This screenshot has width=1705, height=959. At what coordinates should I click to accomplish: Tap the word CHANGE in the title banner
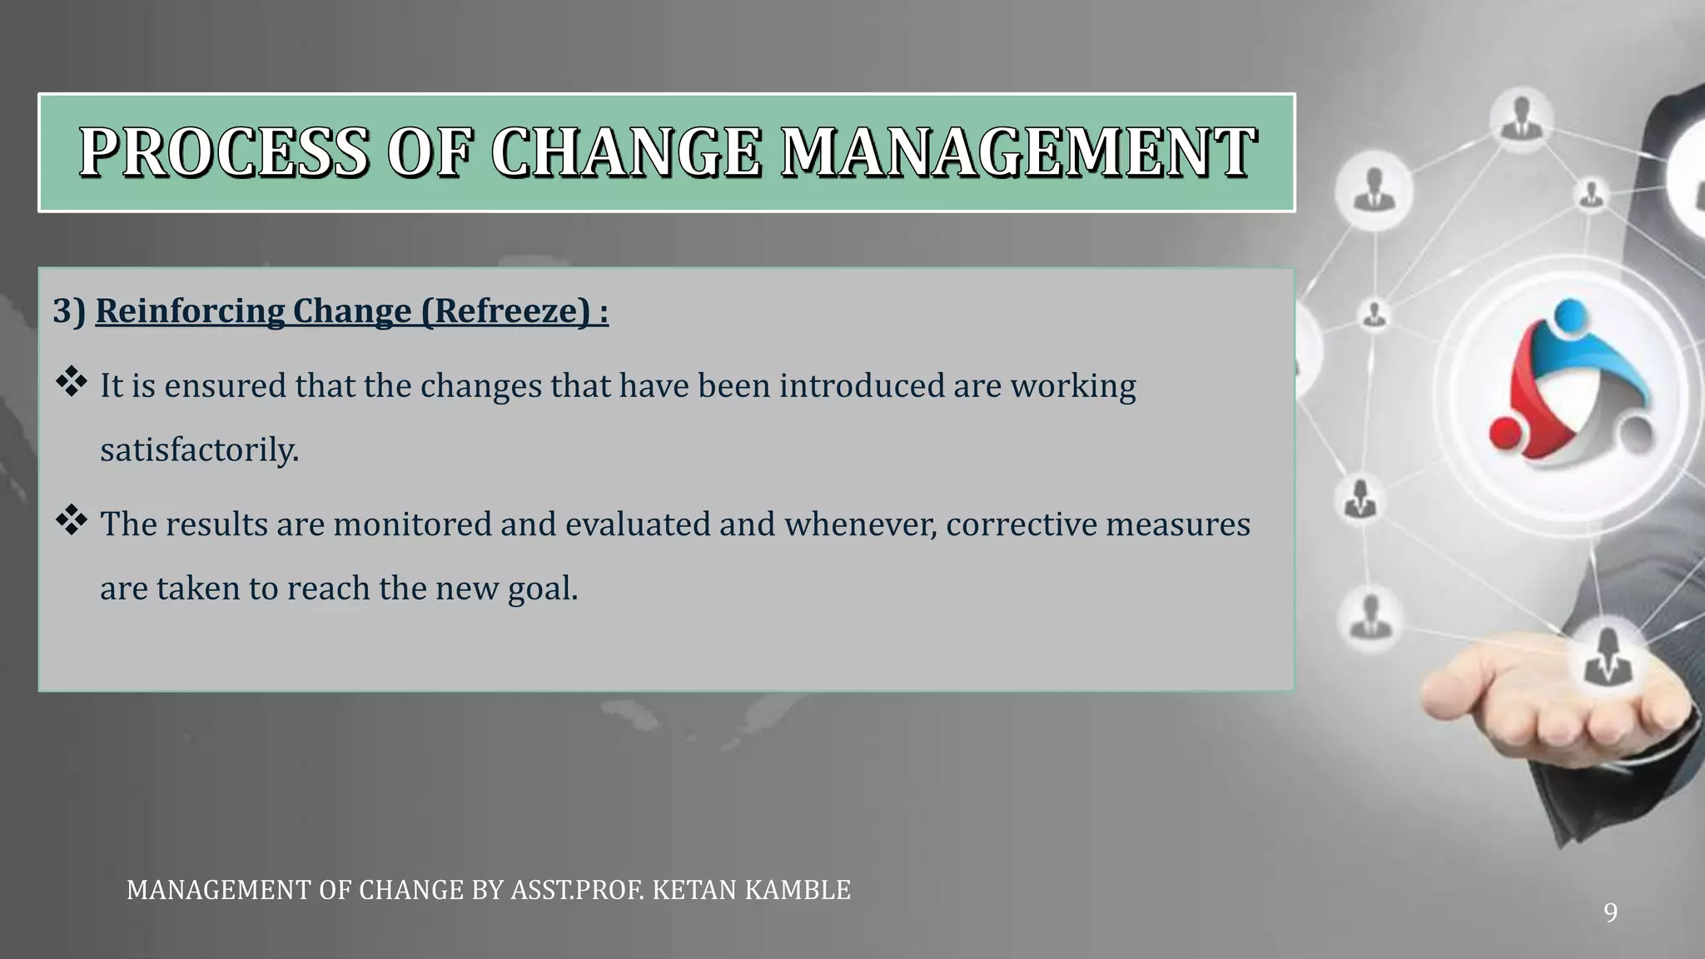[625, 152]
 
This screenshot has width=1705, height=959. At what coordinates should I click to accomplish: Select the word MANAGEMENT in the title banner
[1018, 152]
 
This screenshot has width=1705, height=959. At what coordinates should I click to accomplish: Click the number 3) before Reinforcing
[69, 311]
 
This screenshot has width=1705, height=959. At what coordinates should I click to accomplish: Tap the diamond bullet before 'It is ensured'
[72, 382]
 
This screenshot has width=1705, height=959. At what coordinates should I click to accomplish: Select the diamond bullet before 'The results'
[72, 520]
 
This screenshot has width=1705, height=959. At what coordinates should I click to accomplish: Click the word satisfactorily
[199, 450]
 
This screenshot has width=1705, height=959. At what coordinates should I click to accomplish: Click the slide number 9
[1610, 913]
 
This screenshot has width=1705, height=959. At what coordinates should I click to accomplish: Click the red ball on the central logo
[1505, 433]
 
